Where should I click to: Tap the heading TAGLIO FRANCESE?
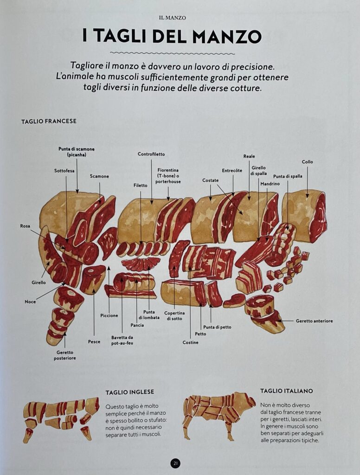(49, 121)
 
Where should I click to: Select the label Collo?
(307, 162)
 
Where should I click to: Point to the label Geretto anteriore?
(314, 321)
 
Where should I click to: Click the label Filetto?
(140, 186)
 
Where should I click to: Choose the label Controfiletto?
(151, 154)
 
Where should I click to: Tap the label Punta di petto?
(217, 327)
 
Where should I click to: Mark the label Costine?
(190, 342)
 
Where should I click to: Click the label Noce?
(30, 302)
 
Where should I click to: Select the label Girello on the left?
(39, 282)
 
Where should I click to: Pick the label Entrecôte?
(232, 171)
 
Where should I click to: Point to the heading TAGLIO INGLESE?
(130, 392)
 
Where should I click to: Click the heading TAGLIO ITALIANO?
(286, 391)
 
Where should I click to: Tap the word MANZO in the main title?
(227, 36)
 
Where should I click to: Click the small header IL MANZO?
(172, 18)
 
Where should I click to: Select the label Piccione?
(109, 315)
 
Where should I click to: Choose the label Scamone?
(99, 176)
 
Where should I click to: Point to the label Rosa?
(25, 226)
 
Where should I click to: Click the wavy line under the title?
(173, 53)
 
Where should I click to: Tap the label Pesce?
(94, 342)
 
